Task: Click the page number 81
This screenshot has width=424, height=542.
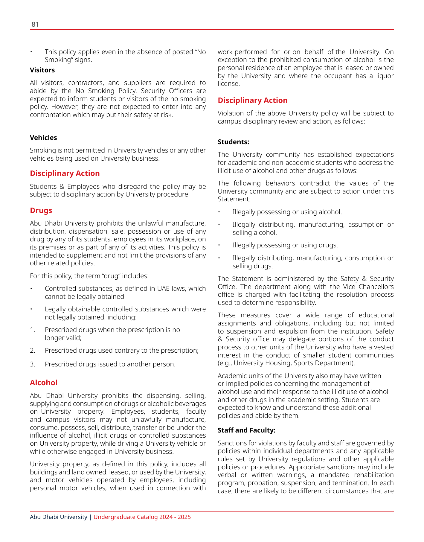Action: (35, 24)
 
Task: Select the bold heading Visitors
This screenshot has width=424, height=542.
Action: (42, 70)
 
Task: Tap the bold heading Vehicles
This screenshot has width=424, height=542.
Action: (43, 138)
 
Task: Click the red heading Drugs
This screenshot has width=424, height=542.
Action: (41, 210)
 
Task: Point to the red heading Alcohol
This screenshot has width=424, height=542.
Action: (44, 383)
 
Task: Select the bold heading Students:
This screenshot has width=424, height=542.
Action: (233, 141)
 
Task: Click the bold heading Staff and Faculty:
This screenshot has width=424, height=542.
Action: (246, 430)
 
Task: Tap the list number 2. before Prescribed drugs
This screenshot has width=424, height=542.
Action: (33, 350)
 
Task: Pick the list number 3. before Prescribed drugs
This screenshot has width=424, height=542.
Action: (33, 364)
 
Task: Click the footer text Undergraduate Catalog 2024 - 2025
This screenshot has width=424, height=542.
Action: (142, 517)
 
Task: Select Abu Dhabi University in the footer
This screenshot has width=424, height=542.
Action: (58, 517)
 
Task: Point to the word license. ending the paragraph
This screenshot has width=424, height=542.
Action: (229, 84)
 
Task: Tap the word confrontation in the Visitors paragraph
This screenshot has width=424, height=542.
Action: (49, 115)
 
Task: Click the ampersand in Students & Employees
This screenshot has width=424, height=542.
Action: (62, 187)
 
